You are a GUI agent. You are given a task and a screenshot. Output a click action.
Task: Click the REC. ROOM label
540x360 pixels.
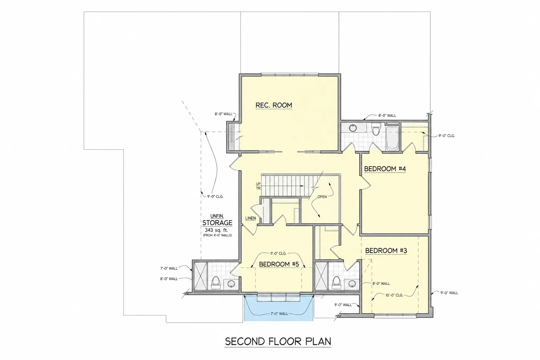(x=274, y=105)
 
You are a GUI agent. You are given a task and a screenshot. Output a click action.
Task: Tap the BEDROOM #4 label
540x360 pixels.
(x=385, y=169)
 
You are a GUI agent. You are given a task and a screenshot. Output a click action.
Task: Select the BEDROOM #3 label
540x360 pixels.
(x=386, y=251)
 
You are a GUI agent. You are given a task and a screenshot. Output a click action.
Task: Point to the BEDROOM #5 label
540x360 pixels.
(x=279, y=264)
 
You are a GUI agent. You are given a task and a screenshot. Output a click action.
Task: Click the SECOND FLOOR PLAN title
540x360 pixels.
(x=278, y=341)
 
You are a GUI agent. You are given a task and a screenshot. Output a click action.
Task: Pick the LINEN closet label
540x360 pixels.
(x=250, y=218)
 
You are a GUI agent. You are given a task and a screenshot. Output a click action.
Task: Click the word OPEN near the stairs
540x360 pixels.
(x=322, y=197)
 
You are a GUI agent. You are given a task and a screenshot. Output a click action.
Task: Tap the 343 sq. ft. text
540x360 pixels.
(x=216, y=230)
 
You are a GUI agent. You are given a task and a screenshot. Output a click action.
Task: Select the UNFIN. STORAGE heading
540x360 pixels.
(x=217, y=220)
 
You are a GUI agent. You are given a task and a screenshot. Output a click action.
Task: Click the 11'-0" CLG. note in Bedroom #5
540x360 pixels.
(x=278, y=253)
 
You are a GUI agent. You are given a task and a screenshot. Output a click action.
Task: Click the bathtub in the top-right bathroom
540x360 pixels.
(x=392, y=138)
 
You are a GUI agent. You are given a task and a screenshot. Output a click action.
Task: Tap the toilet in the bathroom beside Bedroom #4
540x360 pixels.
(x=376, y=129)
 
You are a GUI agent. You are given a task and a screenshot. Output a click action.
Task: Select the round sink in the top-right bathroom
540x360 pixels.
(x=353, y=128)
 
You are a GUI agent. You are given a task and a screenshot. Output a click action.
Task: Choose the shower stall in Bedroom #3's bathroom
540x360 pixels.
(x=321, y=276)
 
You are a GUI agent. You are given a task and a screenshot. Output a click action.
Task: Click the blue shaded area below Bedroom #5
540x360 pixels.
(x=278, y=311)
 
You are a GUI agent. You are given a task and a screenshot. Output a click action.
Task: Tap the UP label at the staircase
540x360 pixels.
(x=258, y=184)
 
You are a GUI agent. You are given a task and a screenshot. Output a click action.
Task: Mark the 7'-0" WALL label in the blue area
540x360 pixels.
(x=278, y=314)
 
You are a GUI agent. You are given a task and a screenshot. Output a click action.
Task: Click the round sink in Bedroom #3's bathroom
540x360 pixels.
(x=352, y=284)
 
